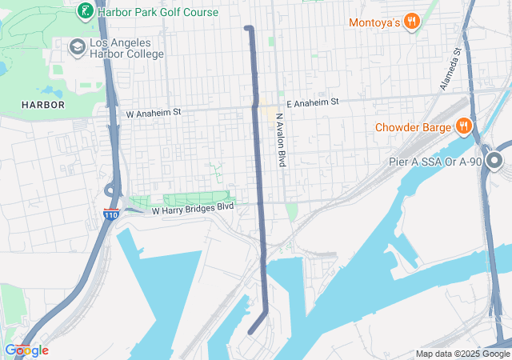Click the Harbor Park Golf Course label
(x=158, y=12)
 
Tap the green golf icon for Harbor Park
(x=83, y=12)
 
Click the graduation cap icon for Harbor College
(x=77, y=48)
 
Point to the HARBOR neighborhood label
(x=43, y=105)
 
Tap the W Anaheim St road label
(x=154, y=114)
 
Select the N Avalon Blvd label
(x=281, y=139)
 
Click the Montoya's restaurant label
(x=374, y=22)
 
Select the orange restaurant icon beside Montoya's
(x=412, y=22)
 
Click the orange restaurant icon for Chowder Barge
(x=463, y=126)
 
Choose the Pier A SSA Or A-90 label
(x=434, y=162)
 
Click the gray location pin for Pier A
(x=494, y=162)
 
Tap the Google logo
(x=26, y=350)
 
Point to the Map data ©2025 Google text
(x=462, y=354)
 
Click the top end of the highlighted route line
(x=248, y=29)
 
